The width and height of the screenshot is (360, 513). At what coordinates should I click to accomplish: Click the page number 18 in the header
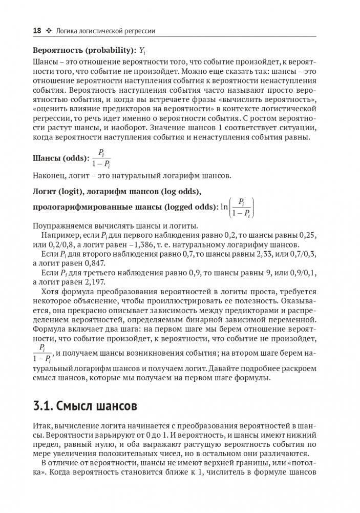pos(36,31)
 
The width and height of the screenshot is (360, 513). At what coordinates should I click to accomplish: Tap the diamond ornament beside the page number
pos(49,31)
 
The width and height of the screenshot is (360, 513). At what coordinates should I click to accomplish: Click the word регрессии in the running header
pos(138,31)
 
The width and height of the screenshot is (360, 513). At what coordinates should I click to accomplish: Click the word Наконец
pos(50,176)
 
